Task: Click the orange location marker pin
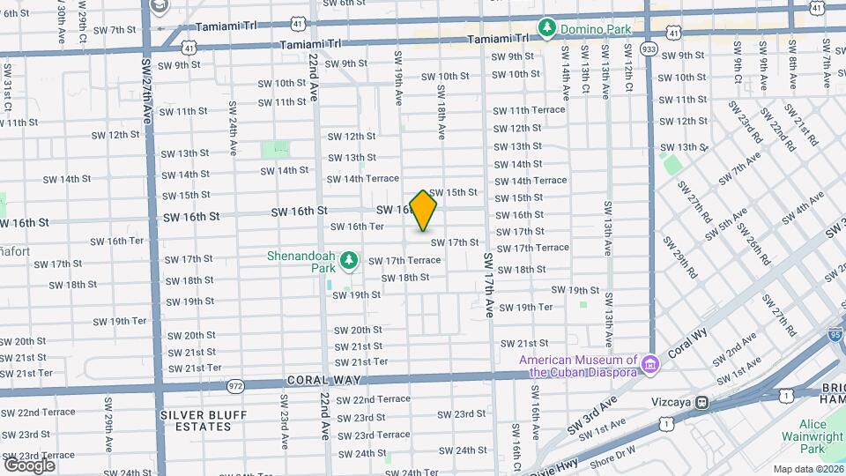pyautogui.click(x=424, y=210)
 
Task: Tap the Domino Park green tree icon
pyautogui.click(x=547, y=29)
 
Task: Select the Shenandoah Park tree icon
pyautogui.click(x=349, y=260)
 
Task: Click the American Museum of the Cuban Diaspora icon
pyautogui.click(x=650, y=363)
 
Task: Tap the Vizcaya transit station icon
pyautogui.click(x=702, y=403)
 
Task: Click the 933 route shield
pyautogui.click(x=649, y=48)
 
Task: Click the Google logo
pyautogui.click(x=29, y=465)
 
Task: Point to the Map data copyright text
pyautogui.click(x=807, y=469)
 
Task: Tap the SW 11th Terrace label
pyautogui.click(x=529, y=110)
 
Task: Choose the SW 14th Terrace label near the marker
pyautogui.click(x=364, y=178)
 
